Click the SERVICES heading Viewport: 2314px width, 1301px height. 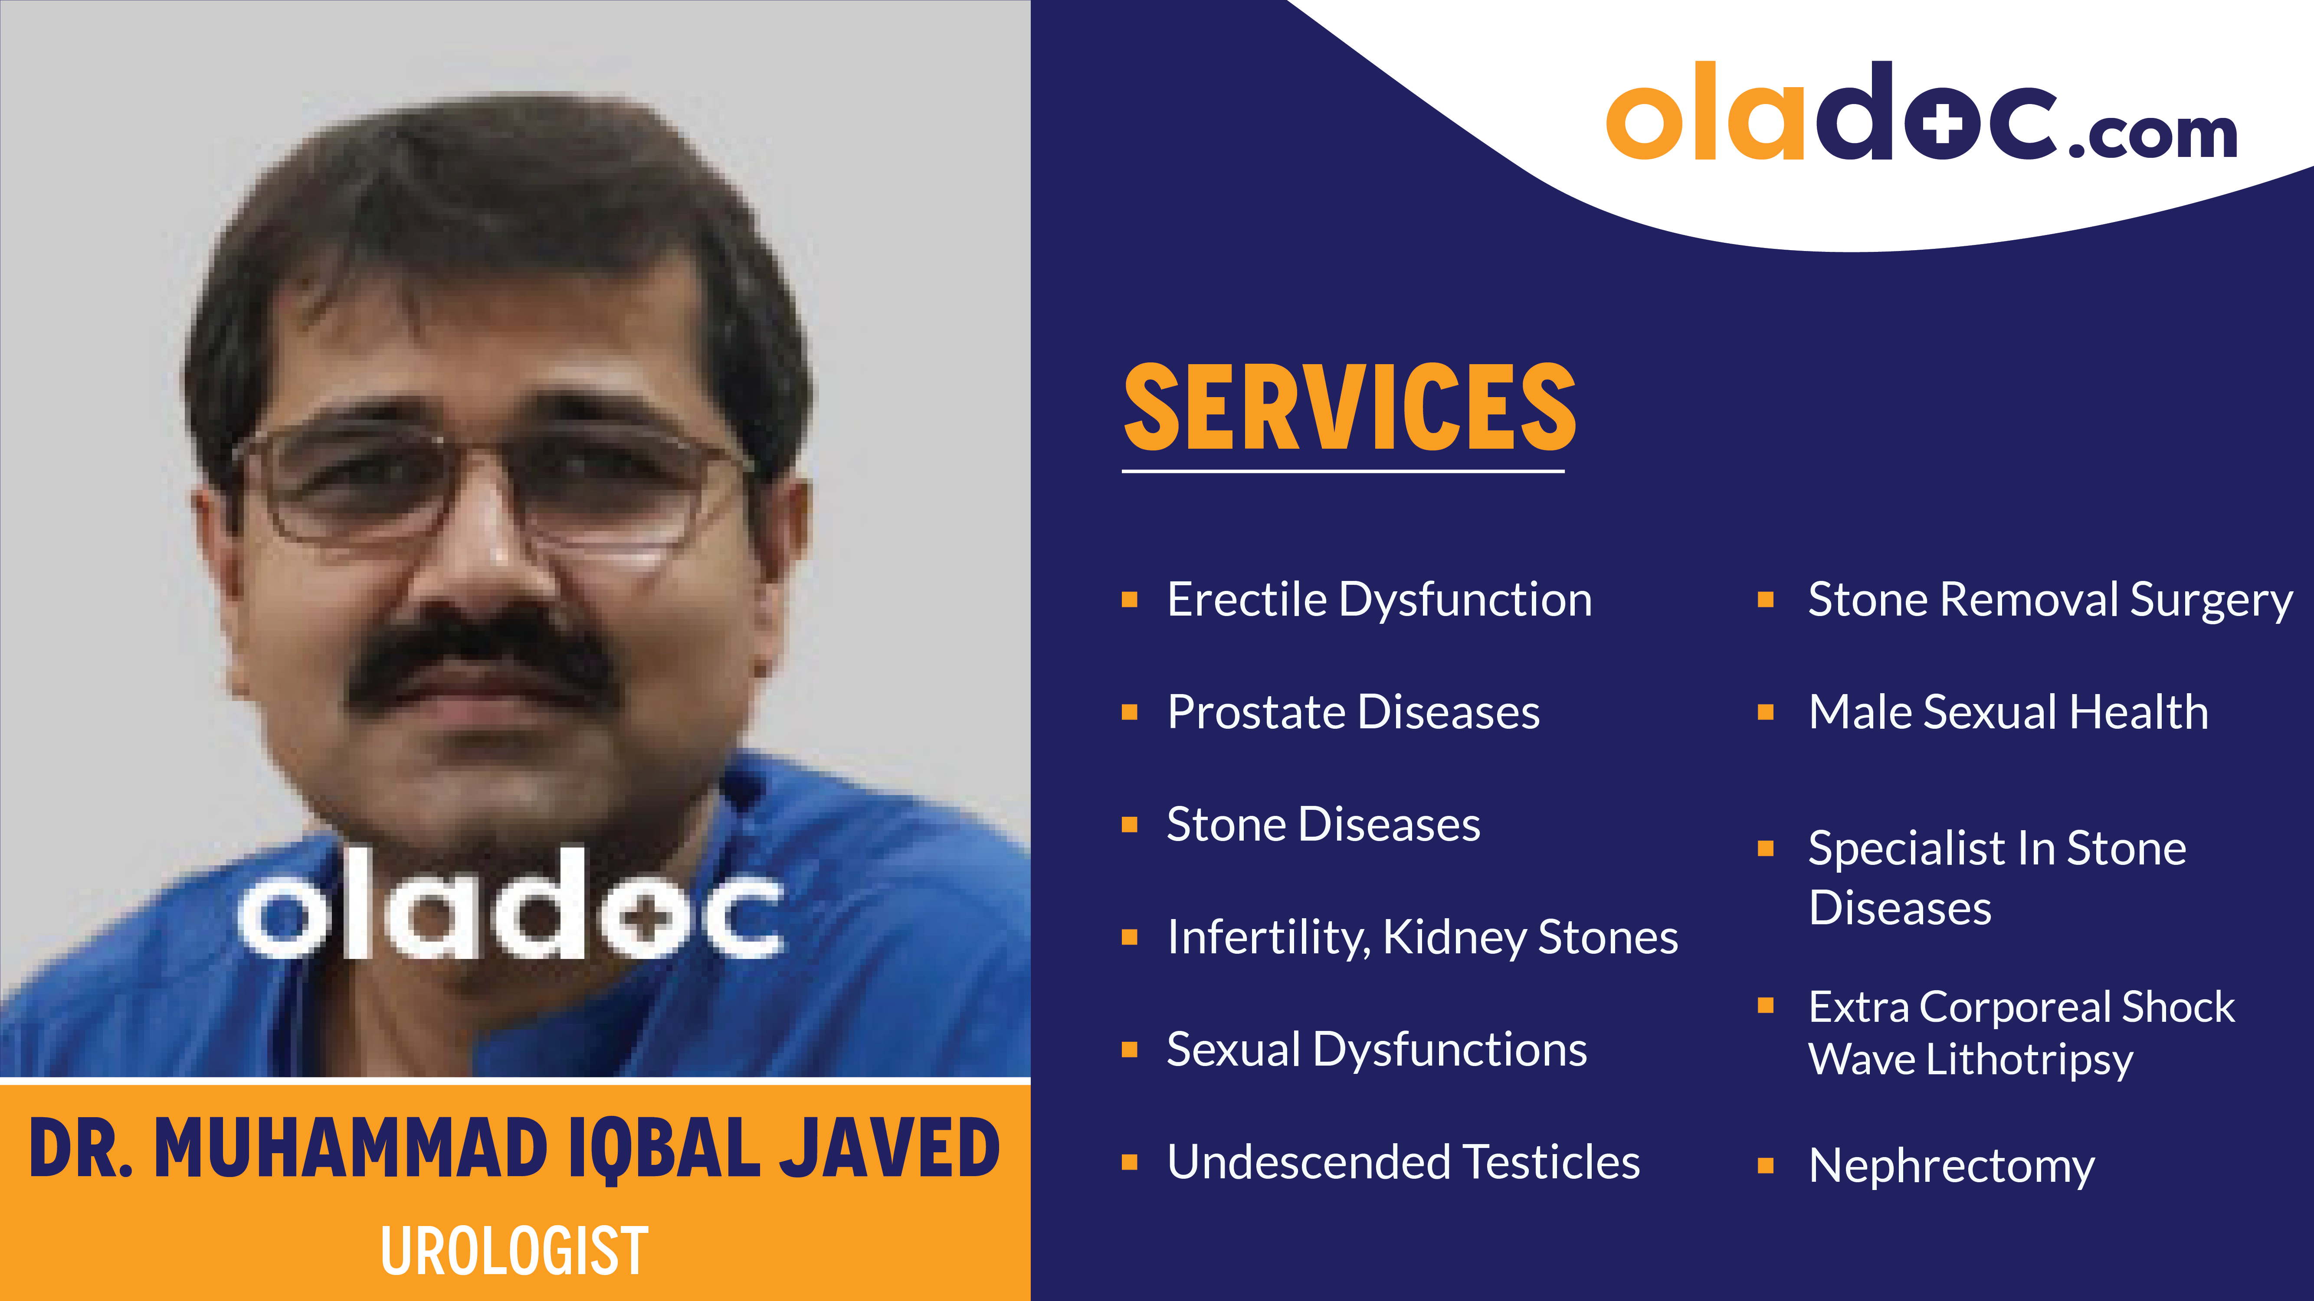tap(1349, 408)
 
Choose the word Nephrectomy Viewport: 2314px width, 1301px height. tap(1951, 1165)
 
